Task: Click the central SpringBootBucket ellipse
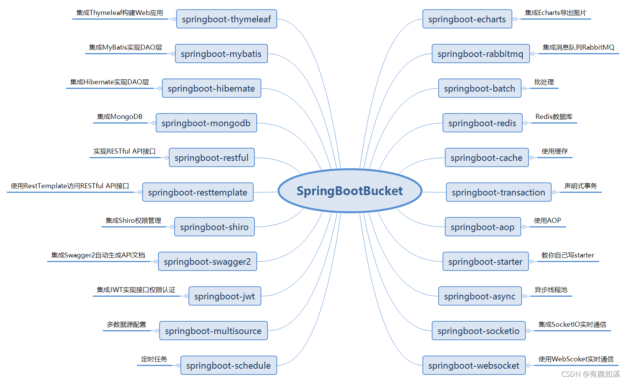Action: click(350, 191)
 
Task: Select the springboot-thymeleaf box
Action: click(227, 19)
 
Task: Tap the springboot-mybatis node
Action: click(221, 54)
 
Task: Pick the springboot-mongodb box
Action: click(206, 123)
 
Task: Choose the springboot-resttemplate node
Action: click(198, 192)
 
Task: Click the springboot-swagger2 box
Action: click(207, 262)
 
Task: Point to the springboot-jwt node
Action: click(225, 296)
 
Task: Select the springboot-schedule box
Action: click(229, 366)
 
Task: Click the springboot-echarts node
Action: click(467, 19)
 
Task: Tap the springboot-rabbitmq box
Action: click(481, 54)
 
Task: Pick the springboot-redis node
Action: click(483, 123)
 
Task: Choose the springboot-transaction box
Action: click(499, 192)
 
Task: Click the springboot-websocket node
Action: click(474, 366)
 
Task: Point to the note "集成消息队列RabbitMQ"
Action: click(578, 47)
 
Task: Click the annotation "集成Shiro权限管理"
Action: click(133, 221)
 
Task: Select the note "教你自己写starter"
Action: click(568, 255)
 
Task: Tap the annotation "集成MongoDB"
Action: click(120, 117)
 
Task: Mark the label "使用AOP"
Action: click(547, 221)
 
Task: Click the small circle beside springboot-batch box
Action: click(524, 89)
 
